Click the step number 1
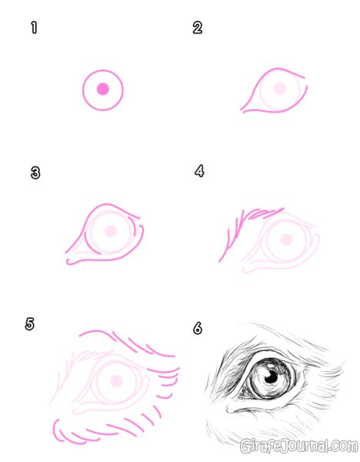[x=34, y=28]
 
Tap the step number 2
[x=198, y=28]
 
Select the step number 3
[x=35, y=173]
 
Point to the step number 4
[x=199, y=171]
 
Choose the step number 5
[x=29, y=324]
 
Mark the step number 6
[x=198, y=328]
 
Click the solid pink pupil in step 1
[x=103, y=89]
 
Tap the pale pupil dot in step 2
[x=280, y=89]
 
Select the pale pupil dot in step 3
[x=111, y=231]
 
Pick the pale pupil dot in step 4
[x=286, y=239]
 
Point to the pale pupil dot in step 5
[x=117, y=381]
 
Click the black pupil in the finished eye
[x=272, y=377]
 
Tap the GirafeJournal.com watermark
[x=298, y=446]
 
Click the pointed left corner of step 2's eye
[x=241, y=110]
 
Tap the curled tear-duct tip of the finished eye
[x=228, y=410]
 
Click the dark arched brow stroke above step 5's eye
[x=97, y=331]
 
